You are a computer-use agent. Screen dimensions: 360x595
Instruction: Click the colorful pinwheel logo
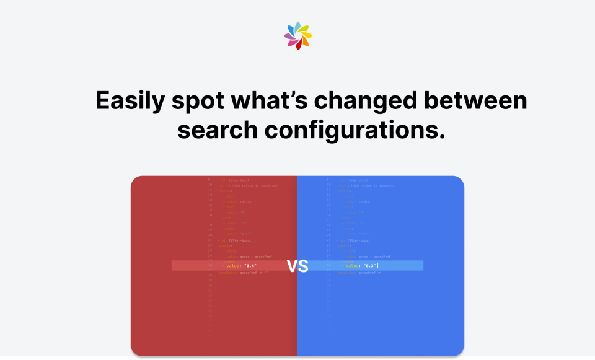pos(297,36)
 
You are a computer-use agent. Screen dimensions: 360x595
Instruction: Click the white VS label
pos(297,266)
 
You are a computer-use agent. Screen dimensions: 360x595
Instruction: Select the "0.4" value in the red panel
pos(250,266)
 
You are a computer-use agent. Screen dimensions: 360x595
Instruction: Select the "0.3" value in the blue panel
pos(369,266)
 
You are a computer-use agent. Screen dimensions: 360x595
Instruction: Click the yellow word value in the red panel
pos(233,266)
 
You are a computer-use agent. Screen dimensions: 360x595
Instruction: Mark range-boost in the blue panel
pos(357,180)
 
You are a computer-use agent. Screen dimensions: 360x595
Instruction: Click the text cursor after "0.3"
pos(377,266)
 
